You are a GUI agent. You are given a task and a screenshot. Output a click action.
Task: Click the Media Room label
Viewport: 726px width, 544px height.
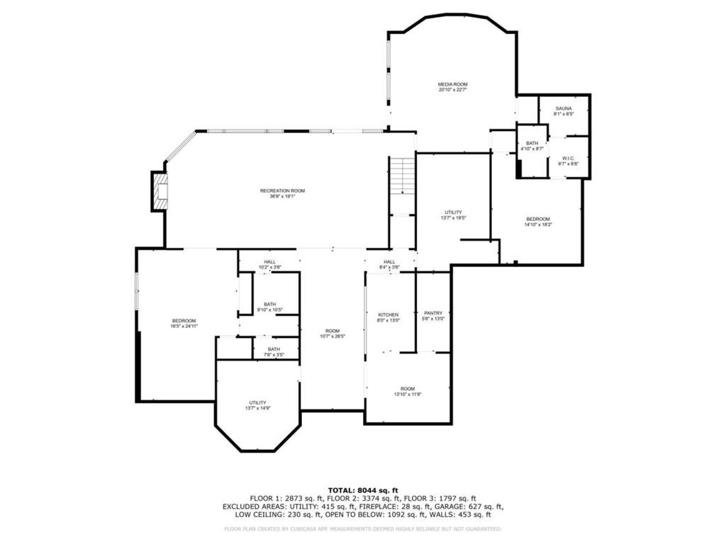(452, 87)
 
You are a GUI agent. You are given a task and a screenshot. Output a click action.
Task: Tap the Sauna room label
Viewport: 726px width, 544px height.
(564, 111)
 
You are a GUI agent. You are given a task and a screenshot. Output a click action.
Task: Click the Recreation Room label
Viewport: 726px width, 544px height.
(282, 193)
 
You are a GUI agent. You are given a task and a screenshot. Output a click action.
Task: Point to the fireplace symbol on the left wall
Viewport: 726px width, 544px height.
(160, 191)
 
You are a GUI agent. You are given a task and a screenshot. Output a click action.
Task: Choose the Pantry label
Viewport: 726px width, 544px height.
(433, 316)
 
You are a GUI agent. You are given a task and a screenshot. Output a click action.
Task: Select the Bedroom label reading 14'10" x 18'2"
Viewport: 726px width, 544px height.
(537, 222)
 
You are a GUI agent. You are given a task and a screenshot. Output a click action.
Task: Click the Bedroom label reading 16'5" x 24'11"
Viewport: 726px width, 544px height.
(183, 324)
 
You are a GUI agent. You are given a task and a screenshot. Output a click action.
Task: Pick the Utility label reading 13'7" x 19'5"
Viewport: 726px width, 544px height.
(453, 215)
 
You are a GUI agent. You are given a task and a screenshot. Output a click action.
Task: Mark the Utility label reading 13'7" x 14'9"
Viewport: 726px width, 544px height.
(257, 405)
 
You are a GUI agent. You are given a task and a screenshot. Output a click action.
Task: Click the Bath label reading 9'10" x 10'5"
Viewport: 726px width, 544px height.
(269, 307)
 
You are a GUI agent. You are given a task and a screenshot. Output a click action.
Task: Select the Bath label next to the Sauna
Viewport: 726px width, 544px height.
(532, 146)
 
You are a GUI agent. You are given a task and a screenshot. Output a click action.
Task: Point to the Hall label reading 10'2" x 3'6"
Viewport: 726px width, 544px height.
(269, 265)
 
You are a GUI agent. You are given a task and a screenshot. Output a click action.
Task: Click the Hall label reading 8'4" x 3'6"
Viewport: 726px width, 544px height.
(389, 265)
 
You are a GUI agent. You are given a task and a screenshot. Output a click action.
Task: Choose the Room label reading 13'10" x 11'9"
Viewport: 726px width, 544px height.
(407, 391)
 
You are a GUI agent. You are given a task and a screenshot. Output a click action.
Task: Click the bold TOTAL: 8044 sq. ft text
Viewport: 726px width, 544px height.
(363, 490)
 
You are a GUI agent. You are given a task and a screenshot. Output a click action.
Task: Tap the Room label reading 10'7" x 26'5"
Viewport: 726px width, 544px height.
(332, 334)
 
